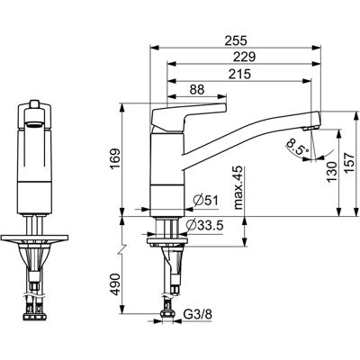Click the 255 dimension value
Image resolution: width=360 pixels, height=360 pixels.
(x=236, y=40)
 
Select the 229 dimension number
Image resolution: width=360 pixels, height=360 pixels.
(x=244, y=57)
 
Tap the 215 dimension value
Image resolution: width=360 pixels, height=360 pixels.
(x=239, y=74)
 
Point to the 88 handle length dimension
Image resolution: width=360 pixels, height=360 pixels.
(x=197, y=90)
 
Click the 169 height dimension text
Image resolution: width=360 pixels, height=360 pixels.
(x=115, y=159)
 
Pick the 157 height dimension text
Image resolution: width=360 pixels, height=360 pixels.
(x=349, y=163)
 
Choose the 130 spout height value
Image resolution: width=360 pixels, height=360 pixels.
(x=331, y=172)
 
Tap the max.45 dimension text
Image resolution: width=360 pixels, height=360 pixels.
(x=238, y=187)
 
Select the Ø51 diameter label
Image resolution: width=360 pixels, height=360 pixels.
(x=206, y=201)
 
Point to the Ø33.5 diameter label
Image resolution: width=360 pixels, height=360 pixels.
(x=204, y=225)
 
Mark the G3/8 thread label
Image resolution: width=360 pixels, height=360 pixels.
(x=197, y=315)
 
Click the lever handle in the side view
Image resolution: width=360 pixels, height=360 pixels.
(x=189, y=116)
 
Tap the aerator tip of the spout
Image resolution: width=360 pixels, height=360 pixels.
(x=310, y=129)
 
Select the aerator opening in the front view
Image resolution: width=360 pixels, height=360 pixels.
(x=34, y=125)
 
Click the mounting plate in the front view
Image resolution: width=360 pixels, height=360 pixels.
(x=34, y=238)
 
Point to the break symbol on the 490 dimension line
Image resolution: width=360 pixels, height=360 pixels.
(x=122, y=249)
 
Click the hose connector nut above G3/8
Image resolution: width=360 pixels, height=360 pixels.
(x=167, y=313)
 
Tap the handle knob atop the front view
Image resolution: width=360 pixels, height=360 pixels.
(x=34, y=104)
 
